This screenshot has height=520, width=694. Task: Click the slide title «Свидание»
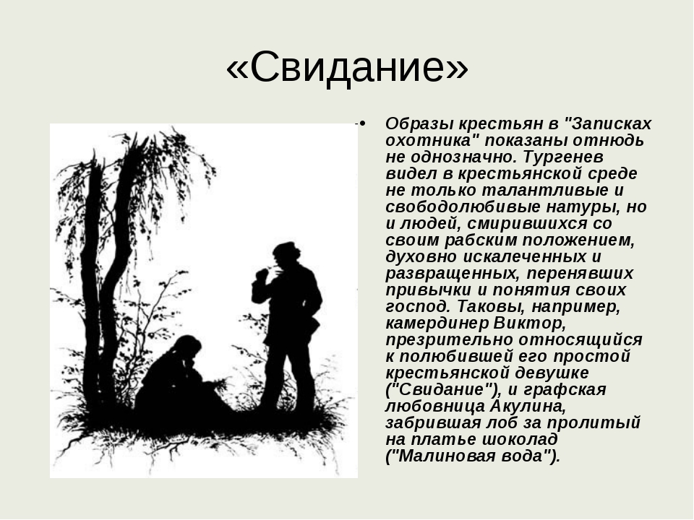[347, 67]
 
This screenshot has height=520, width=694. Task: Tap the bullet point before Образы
[362, 123]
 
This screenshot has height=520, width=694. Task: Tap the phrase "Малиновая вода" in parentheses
[474, 456]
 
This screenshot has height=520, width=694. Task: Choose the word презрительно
[449, 339]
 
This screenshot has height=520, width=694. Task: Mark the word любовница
[435, 406]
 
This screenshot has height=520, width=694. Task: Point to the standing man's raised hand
[262, 274]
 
